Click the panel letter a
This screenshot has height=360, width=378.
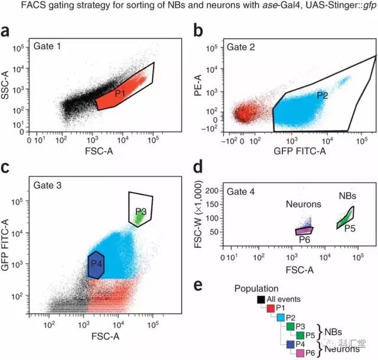pos(8,32)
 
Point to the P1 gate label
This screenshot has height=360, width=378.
pos(120,93)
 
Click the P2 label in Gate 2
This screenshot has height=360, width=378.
pos(322,95)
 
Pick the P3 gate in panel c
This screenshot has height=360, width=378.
pos(141,210)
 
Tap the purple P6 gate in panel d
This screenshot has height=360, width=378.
pos(304,231)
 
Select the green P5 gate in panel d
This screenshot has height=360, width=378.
pos(346,217)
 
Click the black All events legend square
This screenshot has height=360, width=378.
pos(260,300)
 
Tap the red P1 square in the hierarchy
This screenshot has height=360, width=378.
pos(271,309)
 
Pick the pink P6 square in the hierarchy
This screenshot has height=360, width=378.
pos(301,352)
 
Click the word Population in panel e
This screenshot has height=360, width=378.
pos(256,288)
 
